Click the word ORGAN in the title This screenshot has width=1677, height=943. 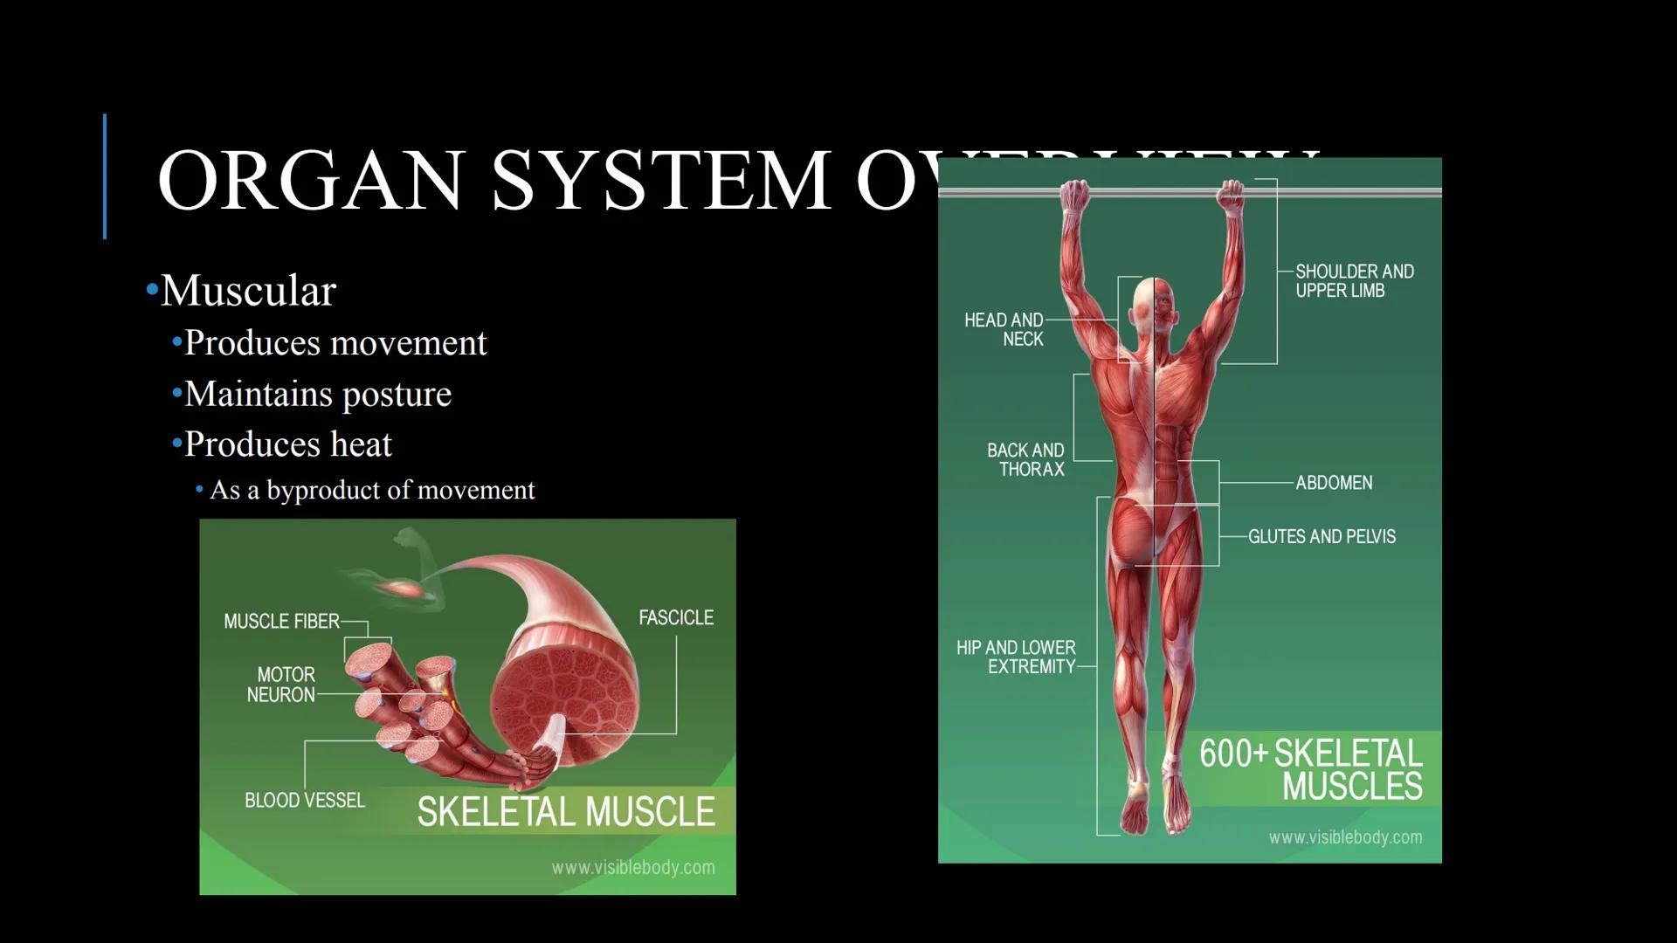click(x=309, y=181)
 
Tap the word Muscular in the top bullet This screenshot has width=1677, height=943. click(x=248, y=291)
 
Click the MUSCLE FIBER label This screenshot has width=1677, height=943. click(x=281, y=622)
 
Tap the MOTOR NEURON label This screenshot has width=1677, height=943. click(x=281, y=685)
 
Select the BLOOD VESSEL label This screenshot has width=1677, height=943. click(x=304, y=801)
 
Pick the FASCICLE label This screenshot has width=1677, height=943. click(x=675, y=618)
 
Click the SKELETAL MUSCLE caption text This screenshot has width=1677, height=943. click(x=566, y=812)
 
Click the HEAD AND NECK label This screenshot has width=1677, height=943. click(x=1004, y=330)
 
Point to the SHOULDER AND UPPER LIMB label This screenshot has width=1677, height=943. click(x=1354, y=281)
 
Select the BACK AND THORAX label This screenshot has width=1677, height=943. click(x=1026, y=459)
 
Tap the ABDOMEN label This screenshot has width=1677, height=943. click(x=1334, y=483)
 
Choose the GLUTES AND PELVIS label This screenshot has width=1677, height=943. click(x=1322, y=537)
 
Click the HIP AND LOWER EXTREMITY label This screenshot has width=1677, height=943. click(x=1017, y=657)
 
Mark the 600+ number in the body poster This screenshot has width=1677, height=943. click(x=1232, y=754)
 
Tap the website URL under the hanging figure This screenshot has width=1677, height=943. click(x=1345, y=838)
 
